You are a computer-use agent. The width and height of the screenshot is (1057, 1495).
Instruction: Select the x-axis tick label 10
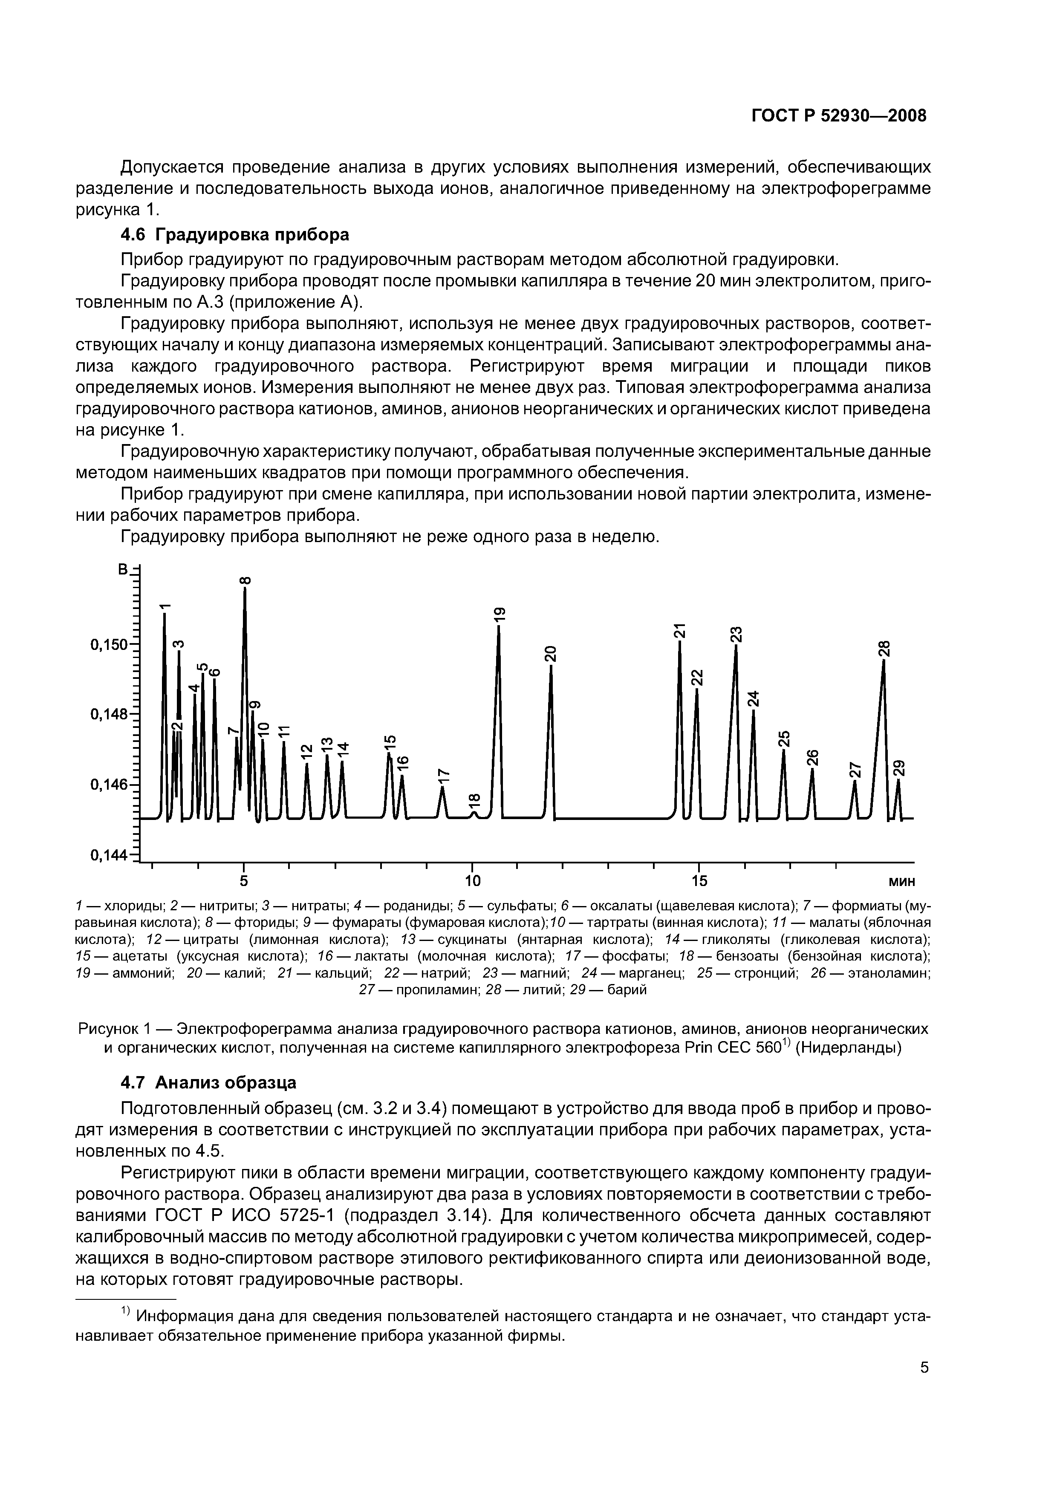[x=472, y=881]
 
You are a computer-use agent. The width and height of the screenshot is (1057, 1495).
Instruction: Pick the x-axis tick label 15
[x=699, y=881]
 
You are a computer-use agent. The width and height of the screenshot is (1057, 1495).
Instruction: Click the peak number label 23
[x=736, y=634]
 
